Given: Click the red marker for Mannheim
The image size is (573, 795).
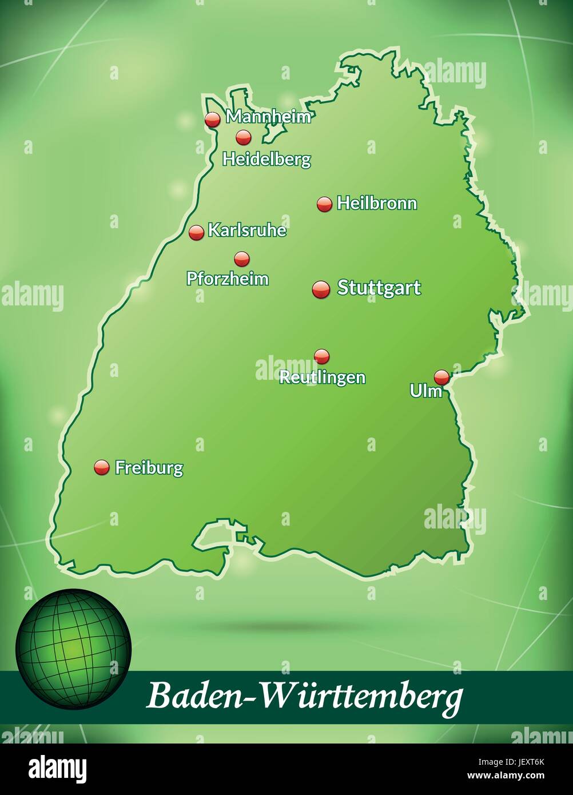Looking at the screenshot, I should coord(213,119).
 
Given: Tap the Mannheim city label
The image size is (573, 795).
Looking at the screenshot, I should coord(269,117).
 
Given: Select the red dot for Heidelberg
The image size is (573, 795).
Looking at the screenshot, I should coord(244,137).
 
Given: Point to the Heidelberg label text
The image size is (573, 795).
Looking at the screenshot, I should coord(266,159).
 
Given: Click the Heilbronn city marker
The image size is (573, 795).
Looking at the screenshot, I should coord(324,204).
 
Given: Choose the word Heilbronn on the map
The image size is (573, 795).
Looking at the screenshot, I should coord(377,203).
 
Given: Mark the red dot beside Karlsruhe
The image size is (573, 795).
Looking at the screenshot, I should coord(196,232).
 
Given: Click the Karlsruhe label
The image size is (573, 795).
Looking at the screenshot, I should coord(247,230).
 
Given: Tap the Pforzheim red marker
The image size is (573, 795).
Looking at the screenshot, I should coord(242,259).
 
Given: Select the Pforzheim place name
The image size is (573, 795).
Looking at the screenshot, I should coord(228,279).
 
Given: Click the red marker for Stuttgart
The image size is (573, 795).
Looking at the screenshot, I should coord(321,289).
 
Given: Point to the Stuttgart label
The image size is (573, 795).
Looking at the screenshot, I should coord(379,288).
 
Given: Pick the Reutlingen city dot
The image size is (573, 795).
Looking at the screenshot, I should coord(322,356).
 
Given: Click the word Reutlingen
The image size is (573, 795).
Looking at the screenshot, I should coord(322,377).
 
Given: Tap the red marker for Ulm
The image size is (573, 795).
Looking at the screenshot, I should coord(441,377).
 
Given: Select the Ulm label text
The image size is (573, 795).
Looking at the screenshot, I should coord(426,391).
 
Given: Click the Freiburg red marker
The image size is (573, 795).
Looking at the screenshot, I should coord(102,467).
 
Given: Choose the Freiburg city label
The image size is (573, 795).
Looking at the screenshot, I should coord(149,468).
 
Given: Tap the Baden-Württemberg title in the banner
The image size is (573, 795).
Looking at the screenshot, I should coord(305,697).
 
